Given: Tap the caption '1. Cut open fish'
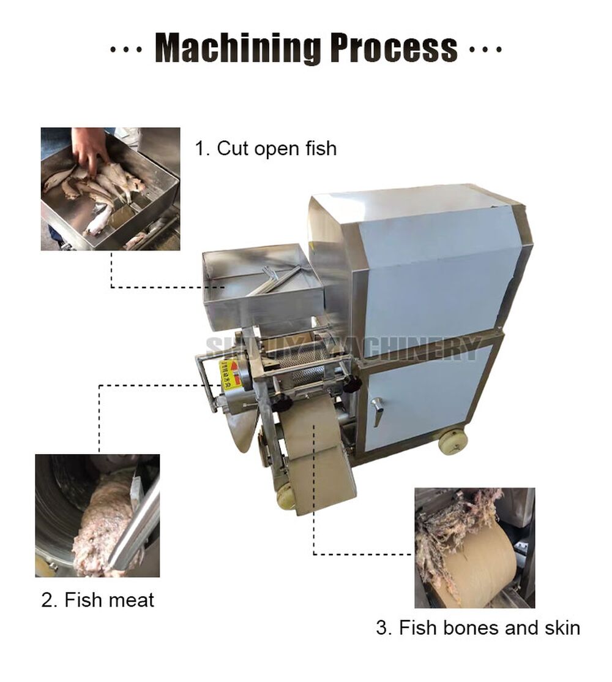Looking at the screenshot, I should point(265,148).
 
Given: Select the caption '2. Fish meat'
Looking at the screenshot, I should point(97,599).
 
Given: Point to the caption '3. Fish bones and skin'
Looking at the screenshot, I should point(477,627).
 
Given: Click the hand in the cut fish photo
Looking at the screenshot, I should point(89,147).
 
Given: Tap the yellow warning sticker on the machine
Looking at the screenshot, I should point(231,374).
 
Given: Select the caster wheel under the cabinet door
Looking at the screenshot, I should point(453,441).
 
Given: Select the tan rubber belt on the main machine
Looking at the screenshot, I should point(318,453).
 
